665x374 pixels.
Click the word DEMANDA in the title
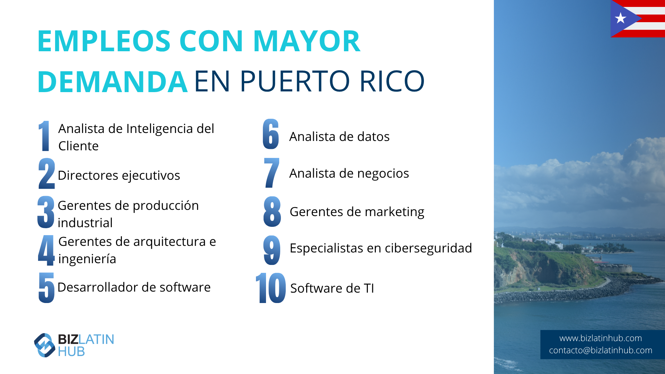pyautogui.click(x=113, y=81)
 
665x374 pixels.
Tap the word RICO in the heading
pyautogui.click(x=392, y=81)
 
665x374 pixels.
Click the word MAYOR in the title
pyautogui.click(x=307, y=41)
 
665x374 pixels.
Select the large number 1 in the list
pyautogui.click(x=44, y=136)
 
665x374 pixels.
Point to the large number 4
pyautogui.click(x=46, y=250)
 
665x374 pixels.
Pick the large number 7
pyautogui.click(x=272, y=173)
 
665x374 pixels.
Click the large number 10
pyautogui.click(x=271, y=288)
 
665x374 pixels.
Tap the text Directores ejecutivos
pyautogui.click(x=119, y=176)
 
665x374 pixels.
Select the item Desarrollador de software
pyautogui.click(x=134, y=287)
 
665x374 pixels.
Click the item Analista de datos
pyautogui.click(x=339, y=137)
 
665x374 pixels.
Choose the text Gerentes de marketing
pyautogui.click(x=357, y=212)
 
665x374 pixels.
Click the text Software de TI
pyautogui.click(x=332, y=288)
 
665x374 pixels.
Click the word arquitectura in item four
pyautogui.click(x=167, y=242)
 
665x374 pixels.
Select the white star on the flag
pyautogui.click(x=620, y=18)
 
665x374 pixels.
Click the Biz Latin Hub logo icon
pyautogui.click(x=45, y=345)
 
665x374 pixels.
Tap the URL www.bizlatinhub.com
pyautogui.click(x=601, y=338)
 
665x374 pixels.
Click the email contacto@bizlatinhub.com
pyautogui.click(x=601, y=350)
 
